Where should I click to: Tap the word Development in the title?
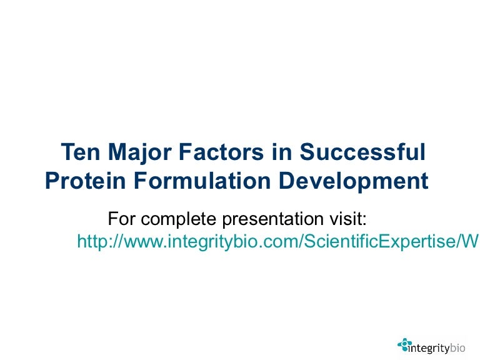pyautogui.click(x=354, y=181)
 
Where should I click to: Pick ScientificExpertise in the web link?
pyautogui.click(x=375, y=242)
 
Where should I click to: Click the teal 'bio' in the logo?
pyautogui.click(x=459, y=344)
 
